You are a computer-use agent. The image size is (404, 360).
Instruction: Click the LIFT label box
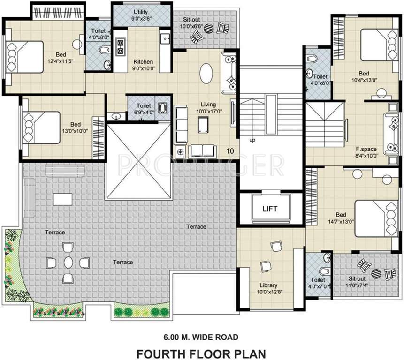270,209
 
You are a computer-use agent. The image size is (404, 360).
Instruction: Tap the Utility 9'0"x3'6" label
141,15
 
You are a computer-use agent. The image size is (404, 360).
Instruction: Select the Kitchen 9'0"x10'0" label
144,65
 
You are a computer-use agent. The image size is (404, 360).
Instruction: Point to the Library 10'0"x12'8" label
268,288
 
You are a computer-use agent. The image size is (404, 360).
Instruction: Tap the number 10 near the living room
230,151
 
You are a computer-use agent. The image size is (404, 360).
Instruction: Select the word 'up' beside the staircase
252,140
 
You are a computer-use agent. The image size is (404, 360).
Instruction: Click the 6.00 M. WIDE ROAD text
201,337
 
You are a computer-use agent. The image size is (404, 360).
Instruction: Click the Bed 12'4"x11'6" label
61,58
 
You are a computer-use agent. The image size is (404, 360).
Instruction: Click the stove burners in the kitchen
120,46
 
